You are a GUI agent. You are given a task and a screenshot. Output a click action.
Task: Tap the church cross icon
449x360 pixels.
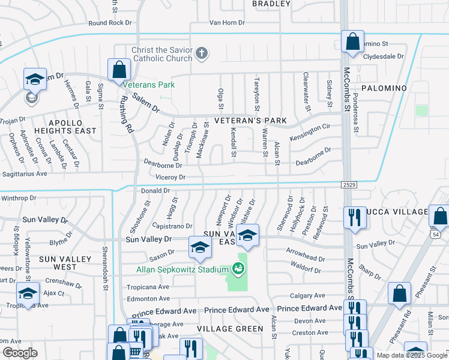click(202, 54)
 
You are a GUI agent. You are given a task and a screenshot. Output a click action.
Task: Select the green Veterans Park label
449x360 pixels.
click(154, 85)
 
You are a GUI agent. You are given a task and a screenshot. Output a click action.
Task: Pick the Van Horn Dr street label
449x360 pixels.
click(228, 23)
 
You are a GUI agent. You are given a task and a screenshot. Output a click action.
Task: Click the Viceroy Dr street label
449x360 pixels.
click(170, 178)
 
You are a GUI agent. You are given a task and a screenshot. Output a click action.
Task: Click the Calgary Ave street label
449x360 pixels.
click(307, 295)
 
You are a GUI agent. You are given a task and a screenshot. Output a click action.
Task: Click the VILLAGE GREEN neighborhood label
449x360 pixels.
click(231, 329)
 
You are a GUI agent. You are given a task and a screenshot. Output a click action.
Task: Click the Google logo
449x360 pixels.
click(20, 353)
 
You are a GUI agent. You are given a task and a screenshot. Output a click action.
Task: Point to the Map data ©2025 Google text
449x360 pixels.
click(412, 355)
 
